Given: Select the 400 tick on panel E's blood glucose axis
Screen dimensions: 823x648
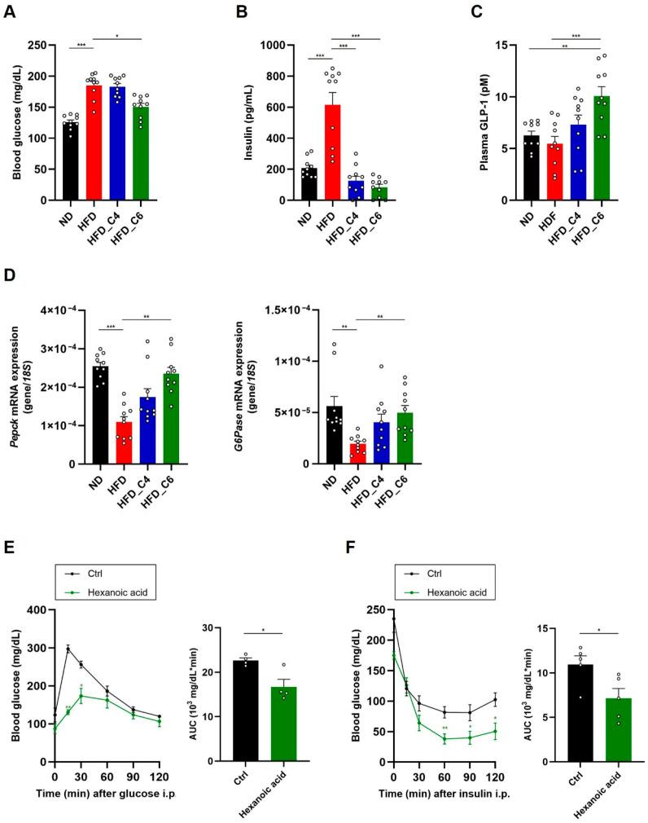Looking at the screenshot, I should pyautogui.click(x=37, y=610).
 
